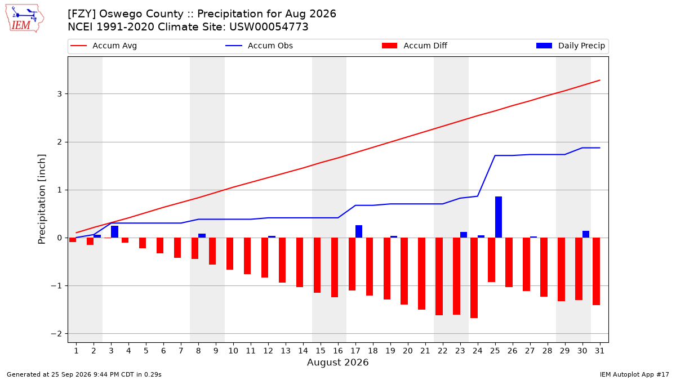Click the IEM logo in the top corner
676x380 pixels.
24,19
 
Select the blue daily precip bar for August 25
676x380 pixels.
499,217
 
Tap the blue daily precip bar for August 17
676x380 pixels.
359,231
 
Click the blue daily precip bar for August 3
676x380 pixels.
115,231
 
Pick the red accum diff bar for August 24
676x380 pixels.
474,278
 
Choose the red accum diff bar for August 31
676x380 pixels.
596,271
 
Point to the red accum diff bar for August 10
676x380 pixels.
230,254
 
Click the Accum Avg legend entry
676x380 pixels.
104,46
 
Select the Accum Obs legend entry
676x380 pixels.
259,46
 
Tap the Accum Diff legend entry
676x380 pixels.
415,46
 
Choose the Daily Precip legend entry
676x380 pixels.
570,46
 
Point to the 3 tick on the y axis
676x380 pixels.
59,94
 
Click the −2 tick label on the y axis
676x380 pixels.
56,333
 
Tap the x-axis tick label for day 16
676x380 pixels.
337,351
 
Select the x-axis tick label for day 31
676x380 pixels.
599,351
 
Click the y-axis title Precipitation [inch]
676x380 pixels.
42,199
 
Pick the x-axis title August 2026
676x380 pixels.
337,362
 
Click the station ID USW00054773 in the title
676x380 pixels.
269,27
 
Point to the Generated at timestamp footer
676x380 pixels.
84,374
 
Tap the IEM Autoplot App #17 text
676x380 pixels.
634,374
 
